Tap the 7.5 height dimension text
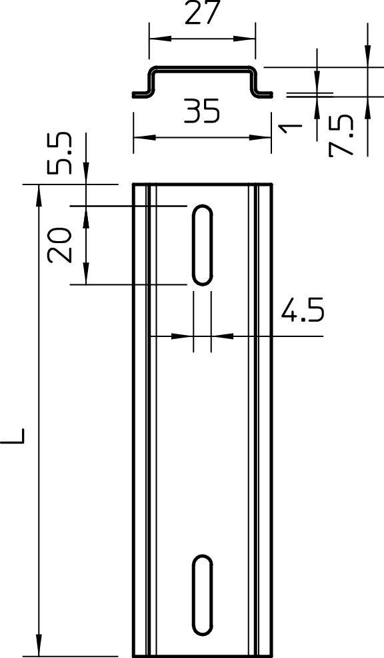341,135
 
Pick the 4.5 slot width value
302,311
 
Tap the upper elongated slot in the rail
203,245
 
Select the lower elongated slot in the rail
203,595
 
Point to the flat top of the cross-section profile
203,68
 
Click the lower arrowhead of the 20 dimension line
86,276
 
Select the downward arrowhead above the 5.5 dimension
86,176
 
